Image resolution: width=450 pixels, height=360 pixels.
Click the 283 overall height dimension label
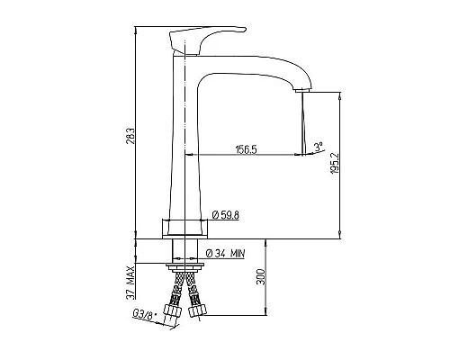(130, 137)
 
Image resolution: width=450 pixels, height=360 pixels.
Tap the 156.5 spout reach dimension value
(247, 149)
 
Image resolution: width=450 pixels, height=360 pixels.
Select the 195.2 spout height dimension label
(335, 164)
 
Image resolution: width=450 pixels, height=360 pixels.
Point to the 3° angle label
(319, 147)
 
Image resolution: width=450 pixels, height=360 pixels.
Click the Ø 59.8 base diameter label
(225, 215)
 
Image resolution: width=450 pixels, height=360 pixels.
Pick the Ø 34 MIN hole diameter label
(225, 254)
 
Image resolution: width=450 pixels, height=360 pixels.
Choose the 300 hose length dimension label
(261, 277)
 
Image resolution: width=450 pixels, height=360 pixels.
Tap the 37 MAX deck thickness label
(130, 283)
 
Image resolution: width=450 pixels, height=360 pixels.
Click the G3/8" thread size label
(142, 315)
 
